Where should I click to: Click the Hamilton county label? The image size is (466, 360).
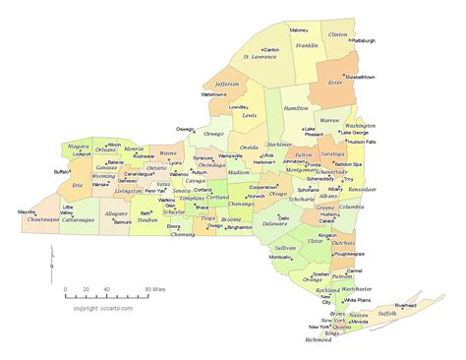pos(295,107)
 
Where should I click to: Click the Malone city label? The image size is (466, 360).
pos(299,30)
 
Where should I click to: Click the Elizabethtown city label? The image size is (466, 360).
pos(359,76)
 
